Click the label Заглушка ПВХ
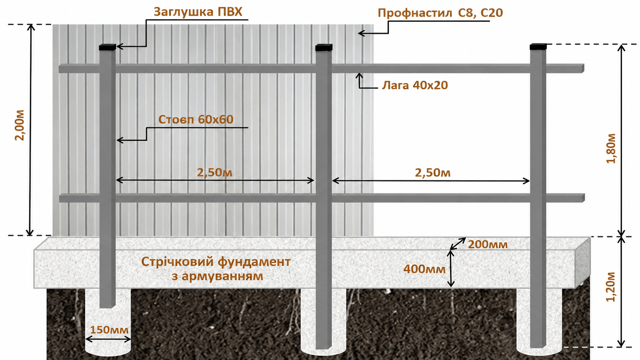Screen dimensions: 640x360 tap(198, 12)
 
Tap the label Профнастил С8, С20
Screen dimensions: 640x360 tap(440, 13)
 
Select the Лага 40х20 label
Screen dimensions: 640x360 tap(415, 85)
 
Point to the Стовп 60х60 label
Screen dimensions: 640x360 tap(196, 119)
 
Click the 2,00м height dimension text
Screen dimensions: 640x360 tap(20, 125)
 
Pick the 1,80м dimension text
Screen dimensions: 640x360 tap(611, 148)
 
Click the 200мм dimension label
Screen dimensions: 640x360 tap(488, 245)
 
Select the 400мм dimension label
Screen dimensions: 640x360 tap(424, 269)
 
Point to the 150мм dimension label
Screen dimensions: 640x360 tap(109, 330)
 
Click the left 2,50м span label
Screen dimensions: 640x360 tap(215, 173)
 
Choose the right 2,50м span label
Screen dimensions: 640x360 tap(433, 173)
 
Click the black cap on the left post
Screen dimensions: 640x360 tap(108, 47)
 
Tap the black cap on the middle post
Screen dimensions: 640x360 tap(324, 47)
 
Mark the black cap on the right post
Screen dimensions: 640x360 tap(538, 47)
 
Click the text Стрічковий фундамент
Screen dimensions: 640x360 tap(216, 262)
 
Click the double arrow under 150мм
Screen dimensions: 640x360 tap(108, 339)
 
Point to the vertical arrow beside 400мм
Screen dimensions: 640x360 tap(451, 268)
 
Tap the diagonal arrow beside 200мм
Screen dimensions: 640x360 tap(458, 244)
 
